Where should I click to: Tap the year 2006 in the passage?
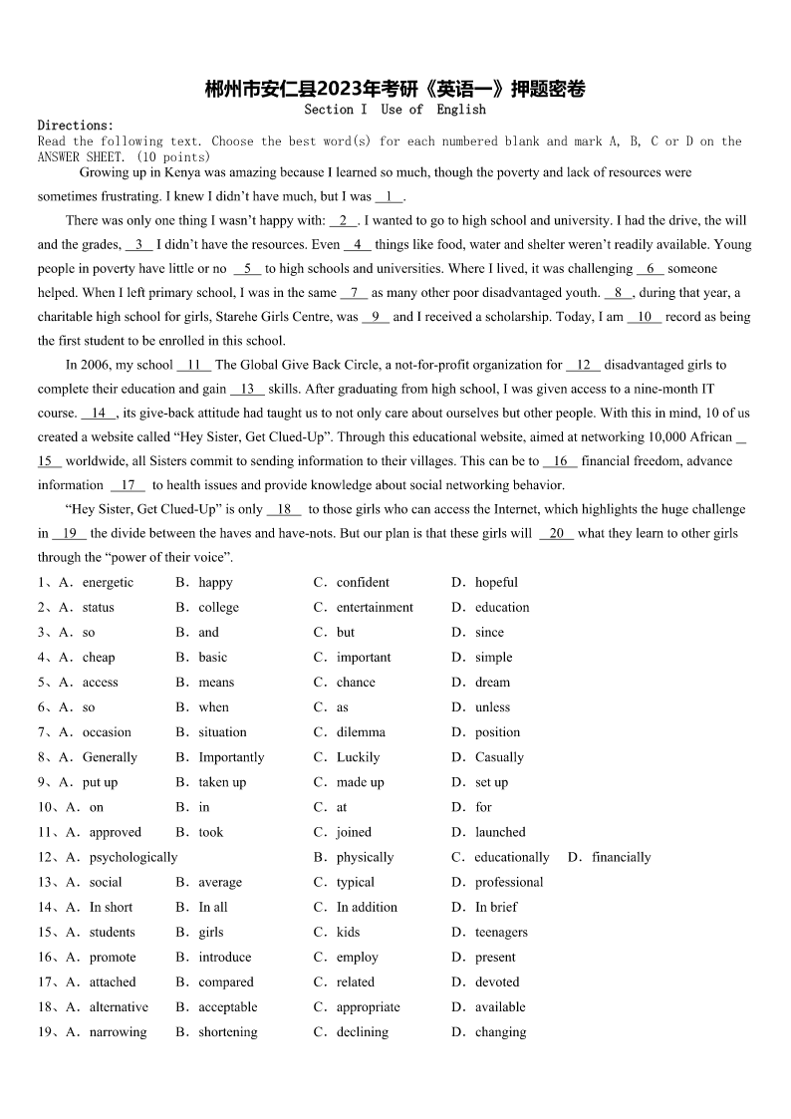97,365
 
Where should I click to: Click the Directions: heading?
76,126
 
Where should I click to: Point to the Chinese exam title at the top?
395,89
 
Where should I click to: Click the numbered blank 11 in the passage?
193,365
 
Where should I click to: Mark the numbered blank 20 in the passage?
556,533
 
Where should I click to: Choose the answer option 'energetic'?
108,582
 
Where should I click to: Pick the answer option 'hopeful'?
496,582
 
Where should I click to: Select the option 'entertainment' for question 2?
375,607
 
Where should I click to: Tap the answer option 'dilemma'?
361,731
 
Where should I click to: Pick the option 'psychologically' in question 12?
133,857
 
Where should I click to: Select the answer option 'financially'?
621,857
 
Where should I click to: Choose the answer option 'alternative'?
119,1006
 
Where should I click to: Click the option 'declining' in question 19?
363,1032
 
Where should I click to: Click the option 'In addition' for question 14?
367,907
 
